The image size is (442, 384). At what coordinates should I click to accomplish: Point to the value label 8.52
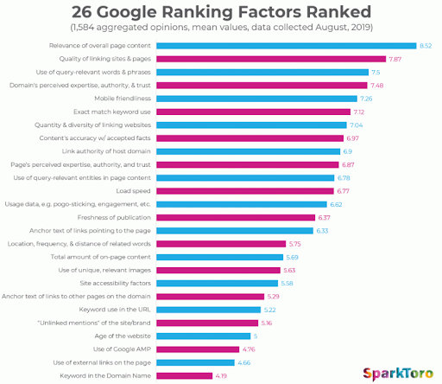(x=425, y=46)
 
